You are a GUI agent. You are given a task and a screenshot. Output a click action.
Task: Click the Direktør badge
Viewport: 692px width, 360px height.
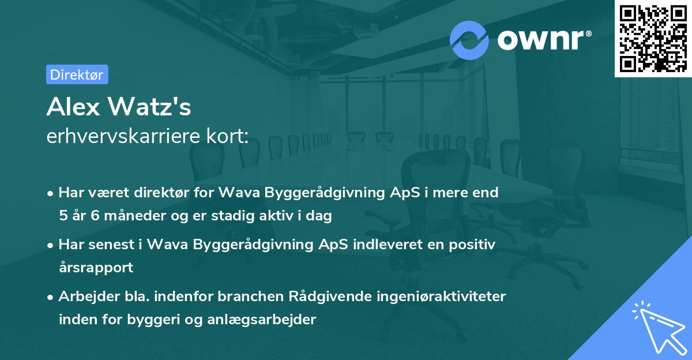point(77,74)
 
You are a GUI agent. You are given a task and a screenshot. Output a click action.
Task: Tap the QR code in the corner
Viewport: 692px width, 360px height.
point(653,38)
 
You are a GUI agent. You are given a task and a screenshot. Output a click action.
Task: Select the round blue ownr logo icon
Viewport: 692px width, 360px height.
point(469,40)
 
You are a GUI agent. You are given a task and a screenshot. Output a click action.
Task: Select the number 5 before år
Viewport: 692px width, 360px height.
point(62,216)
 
